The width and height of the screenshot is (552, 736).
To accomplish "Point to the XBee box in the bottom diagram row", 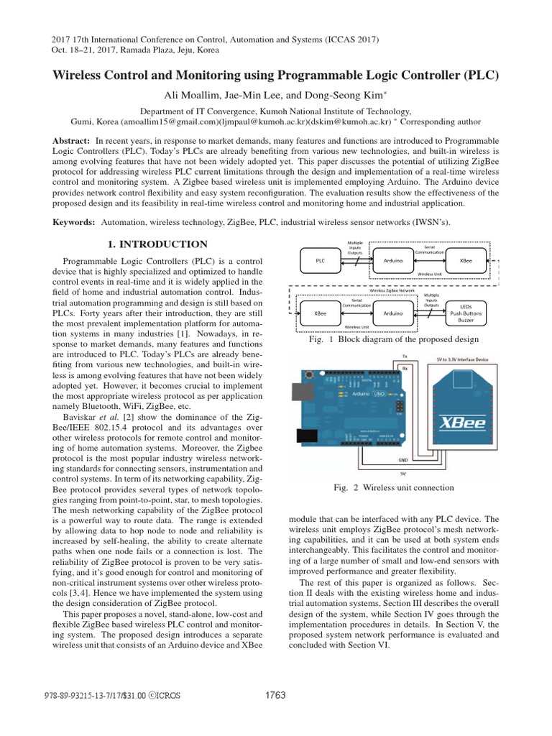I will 321,314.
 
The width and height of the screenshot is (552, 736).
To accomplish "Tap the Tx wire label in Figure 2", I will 404,356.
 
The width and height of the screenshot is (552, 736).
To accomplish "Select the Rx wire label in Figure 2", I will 404,367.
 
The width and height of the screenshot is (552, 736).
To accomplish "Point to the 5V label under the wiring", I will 403,473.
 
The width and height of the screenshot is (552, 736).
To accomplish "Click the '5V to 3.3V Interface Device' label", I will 462,358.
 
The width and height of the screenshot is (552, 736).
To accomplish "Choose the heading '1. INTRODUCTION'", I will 157,244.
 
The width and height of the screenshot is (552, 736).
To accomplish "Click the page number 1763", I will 275,695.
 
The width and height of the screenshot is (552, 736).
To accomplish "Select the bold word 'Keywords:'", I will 75,223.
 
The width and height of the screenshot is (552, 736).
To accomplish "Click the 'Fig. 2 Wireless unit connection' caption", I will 394,487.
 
